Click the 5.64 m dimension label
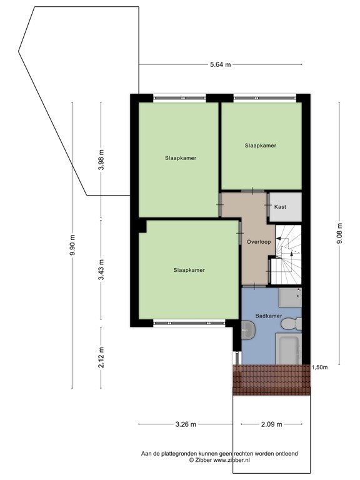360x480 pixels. tap(220, 64)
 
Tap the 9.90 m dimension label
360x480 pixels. tap(72, 244)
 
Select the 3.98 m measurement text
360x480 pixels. tap(101, 161)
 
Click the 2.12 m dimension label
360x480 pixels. tap(101, 357)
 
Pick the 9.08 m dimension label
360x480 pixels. tap(340, 234)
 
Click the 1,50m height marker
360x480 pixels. tap(320, 367)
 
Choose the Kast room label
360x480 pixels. tap(280, 207)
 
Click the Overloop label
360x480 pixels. tap(258, 241)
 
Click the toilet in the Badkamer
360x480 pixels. tap(292, 324)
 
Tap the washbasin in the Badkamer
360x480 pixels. tap(249, 330)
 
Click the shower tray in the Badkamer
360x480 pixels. tap(290, 296)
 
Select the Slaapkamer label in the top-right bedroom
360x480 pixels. tap(261, 146)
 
